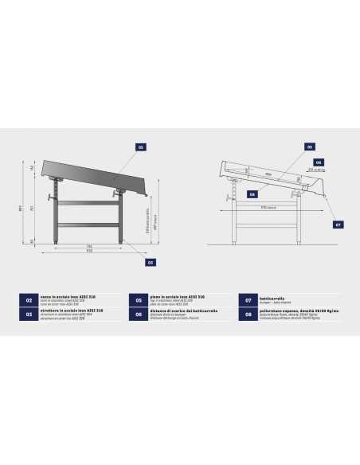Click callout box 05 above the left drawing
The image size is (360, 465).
pyautogui.click(x=141, y=147)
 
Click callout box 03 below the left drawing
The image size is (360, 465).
pyautogui.click(x=149, y=261)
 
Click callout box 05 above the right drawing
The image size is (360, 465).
pyautogui.click(x=310, y=147)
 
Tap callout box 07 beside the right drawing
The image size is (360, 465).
pyautogui.click(x=338, y=225)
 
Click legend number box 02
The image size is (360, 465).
pyautogui.click(x=29, y=300)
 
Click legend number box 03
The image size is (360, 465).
pyautogui.click(x=29, y=315)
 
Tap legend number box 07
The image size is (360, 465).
pyautogui.click(x=248, y=300)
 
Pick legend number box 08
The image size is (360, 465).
pyautogui.click(x=248, y=315)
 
